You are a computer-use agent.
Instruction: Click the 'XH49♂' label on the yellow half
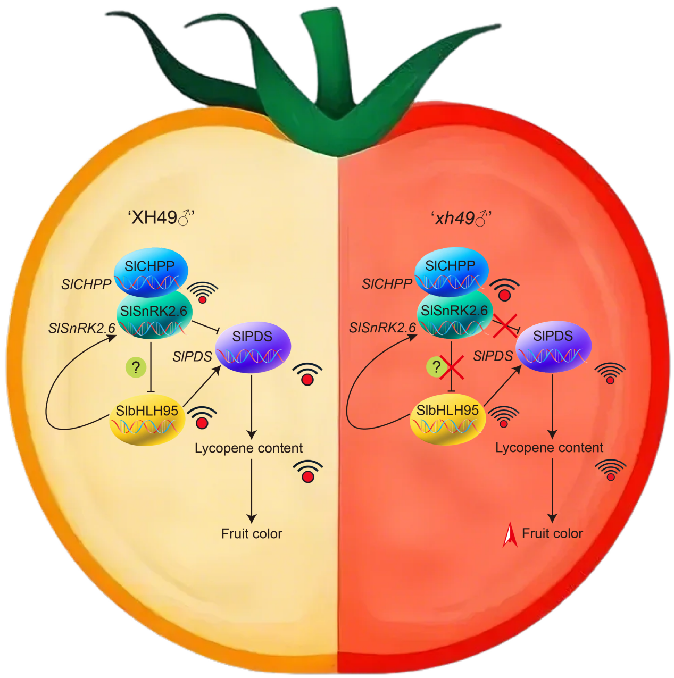click(x=162, y=217)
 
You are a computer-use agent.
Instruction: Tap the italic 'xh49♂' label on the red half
click(x=461, y=218)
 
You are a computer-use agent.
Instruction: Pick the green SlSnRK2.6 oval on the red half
click(x=454, y=314)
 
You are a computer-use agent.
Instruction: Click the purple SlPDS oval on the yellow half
click(x=253, y=346)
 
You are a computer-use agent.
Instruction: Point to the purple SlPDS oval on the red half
click(x=553, y=346)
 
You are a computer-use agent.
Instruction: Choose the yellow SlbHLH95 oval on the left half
click(x=147, y=420)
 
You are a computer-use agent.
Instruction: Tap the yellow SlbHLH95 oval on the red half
click(x=447, y=420)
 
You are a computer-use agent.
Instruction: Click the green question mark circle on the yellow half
click(x=136, y=367)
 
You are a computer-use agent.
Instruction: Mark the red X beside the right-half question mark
click(x=453, y=368)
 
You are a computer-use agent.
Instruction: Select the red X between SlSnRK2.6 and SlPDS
click(x=504, y=325)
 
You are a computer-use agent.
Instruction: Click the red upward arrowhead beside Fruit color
click(x=510, y=535)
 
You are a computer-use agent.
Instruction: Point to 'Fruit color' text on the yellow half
click(x=252, y=533)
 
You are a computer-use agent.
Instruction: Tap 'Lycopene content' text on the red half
click(x=549, y=448)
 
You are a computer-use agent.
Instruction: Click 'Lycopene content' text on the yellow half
click(x=248, y=448)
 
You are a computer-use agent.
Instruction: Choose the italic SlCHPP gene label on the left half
click(x=86, y=285)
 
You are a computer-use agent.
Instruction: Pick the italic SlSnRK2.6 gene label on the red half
click(x=382, y=328)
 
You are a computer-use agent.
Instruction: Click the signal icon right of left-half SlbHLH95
click(x=202, y=417)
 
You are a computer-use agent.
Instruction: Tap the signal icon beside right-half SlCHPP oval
click(x=504, y=290)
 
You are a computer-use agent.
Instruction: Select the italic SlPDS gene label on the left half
click(x=192, y=357)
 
